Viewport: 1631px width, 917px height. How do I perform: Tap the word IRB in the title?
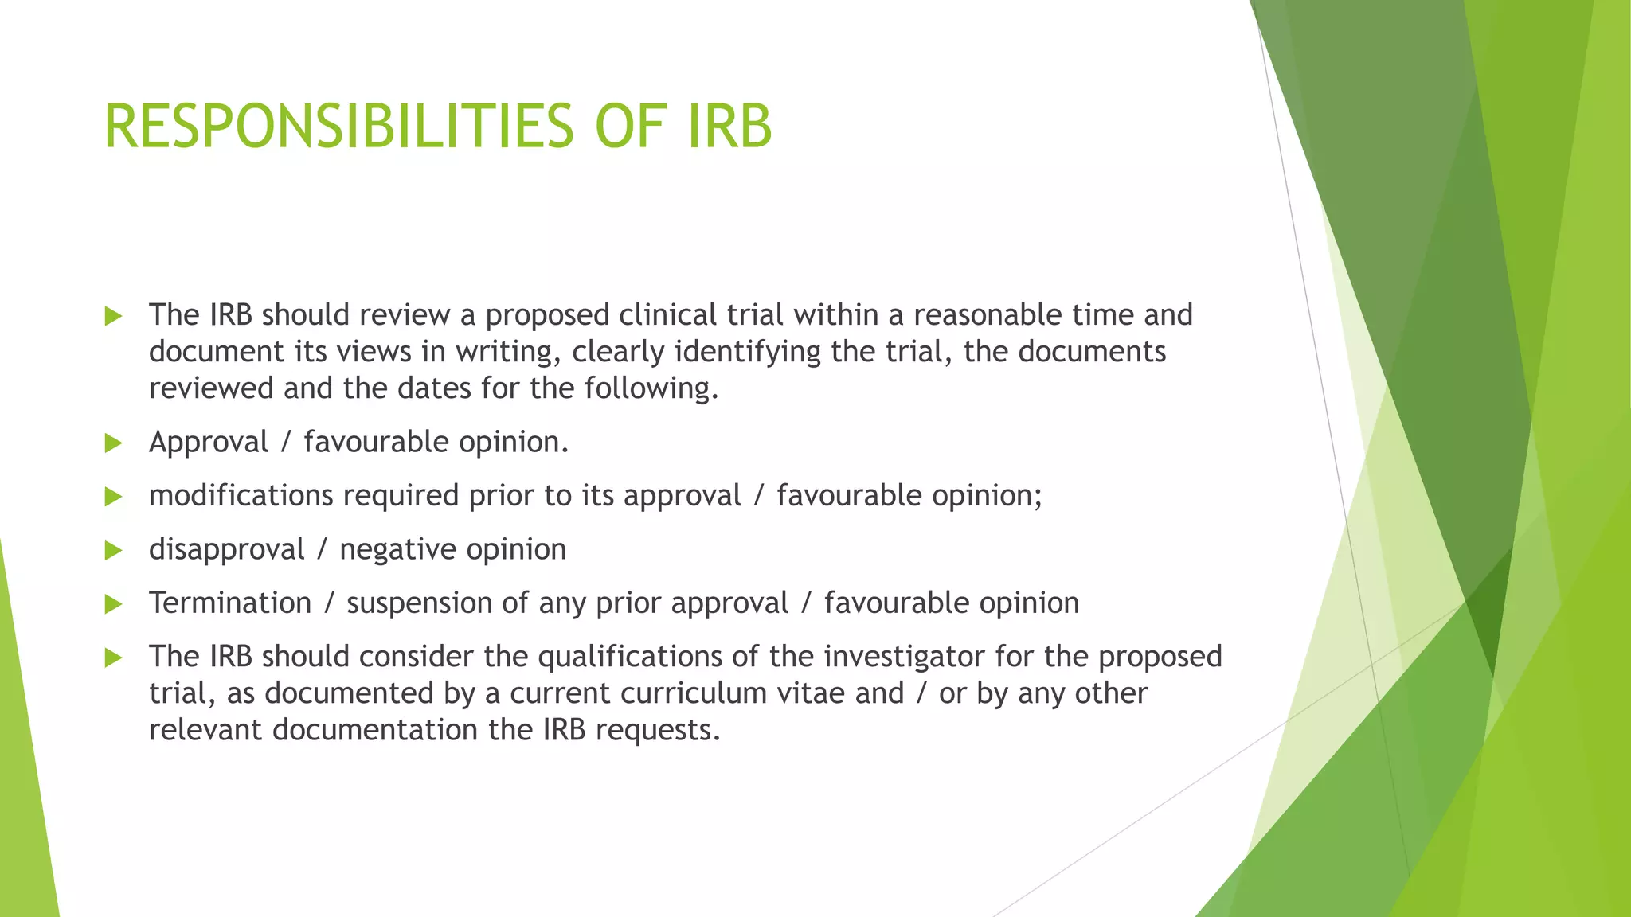point(729,127)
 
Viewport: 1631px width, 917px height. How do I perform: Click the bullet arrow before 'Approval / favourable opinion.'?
point(113,443)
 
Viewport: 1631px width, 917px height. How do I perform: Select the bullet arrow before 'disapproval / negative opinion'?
point(113,550)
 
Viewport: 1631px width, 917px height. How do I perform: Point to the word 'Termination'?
point(230,603)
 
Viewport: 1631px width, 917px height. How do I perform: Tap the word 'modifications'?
point(241,495)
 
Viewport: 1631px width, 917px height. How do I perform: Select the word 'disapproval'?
point(226,550)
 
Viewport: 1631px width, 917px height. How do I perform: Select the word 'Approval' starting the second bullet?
point(209,443)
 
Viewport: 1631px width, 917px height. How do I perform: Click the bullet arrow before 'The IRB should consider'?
point(113,658)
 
